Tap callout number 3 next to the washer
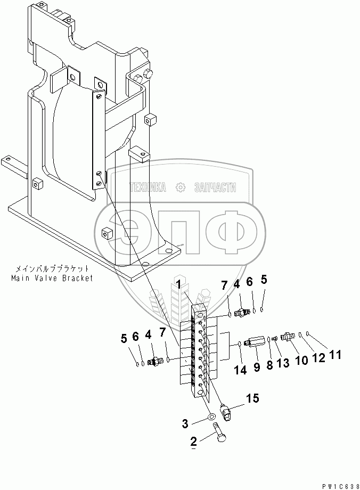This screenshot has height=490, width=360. [185, 424]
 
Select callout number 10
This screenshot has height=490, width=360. [302, 360]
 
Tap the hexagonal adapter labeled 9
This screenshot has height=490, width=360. [253, 341]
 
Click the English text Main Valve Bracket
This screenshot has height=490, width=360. [51, 278]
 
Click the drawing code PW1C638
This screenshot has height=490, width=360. [338, 486]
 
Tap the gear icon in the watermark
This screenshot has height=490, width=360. [180, 187]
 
